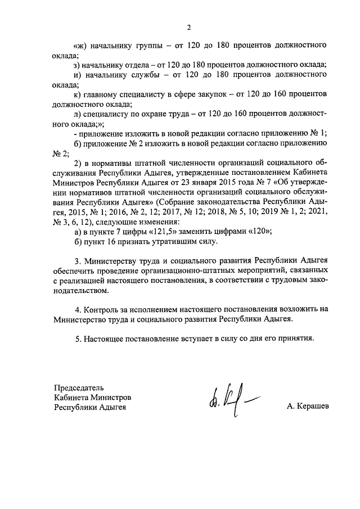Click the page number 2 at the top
189,27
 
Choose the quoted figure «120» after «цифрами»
261,231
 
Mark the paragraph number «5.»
78,339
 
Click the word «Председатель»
79,388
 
